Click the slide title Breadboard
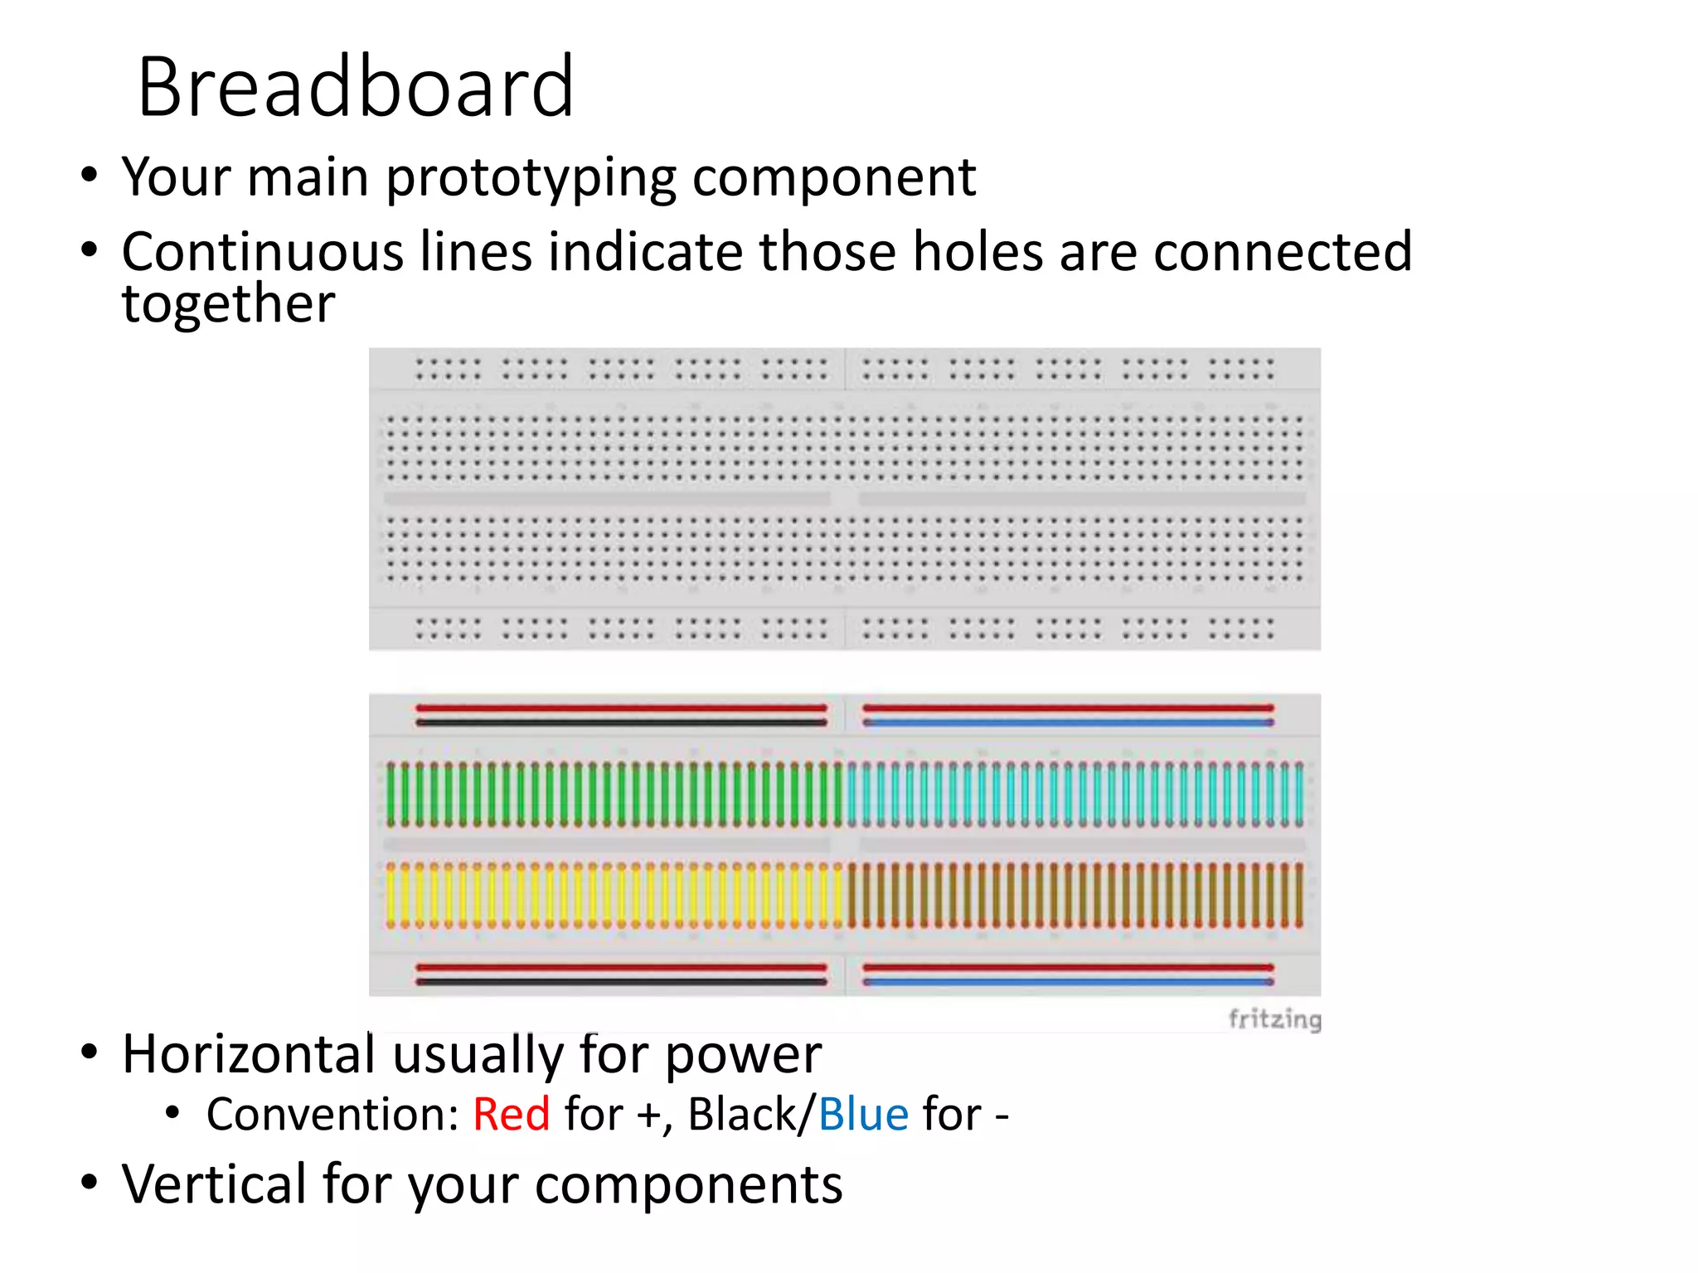pos(355,87)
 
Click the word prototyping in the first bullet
pos(531,178)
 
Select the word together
pos(228,303)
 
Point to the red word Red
pos(511,1114)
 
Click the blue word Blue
pos(863,1114)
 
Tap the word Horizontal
pos(249,1054)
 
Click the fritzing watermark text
pos(1274,1019)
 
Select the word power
pos(743,1056)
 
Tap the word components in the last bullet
pos(688,1185)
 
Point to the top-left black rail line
pos(621,723)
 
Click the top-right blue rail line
pos(1068,723)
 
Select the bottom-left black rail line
pos(621,982)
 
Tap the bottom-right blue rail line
pos(1068,982)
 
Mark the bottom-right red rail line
pos(1068,967)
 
